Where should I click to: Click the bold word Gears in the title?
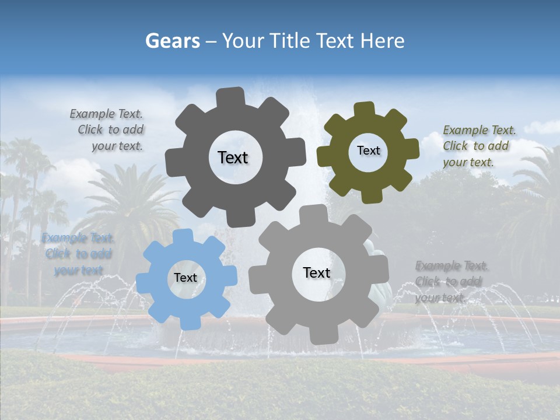(x=172, y=41)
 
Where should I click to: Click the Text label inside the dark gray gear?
(x=233, y=157)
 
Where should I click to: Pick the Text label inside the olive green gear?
(x=368, y=150)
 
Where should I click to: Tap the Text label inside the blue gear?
(x=185, y=278)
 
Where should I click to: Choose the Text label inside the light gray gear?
(x=316, y=272)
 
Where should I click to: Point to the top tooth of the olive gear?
(x=365, y=109)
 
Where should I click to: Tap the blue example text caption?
(x=78, y=254)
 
